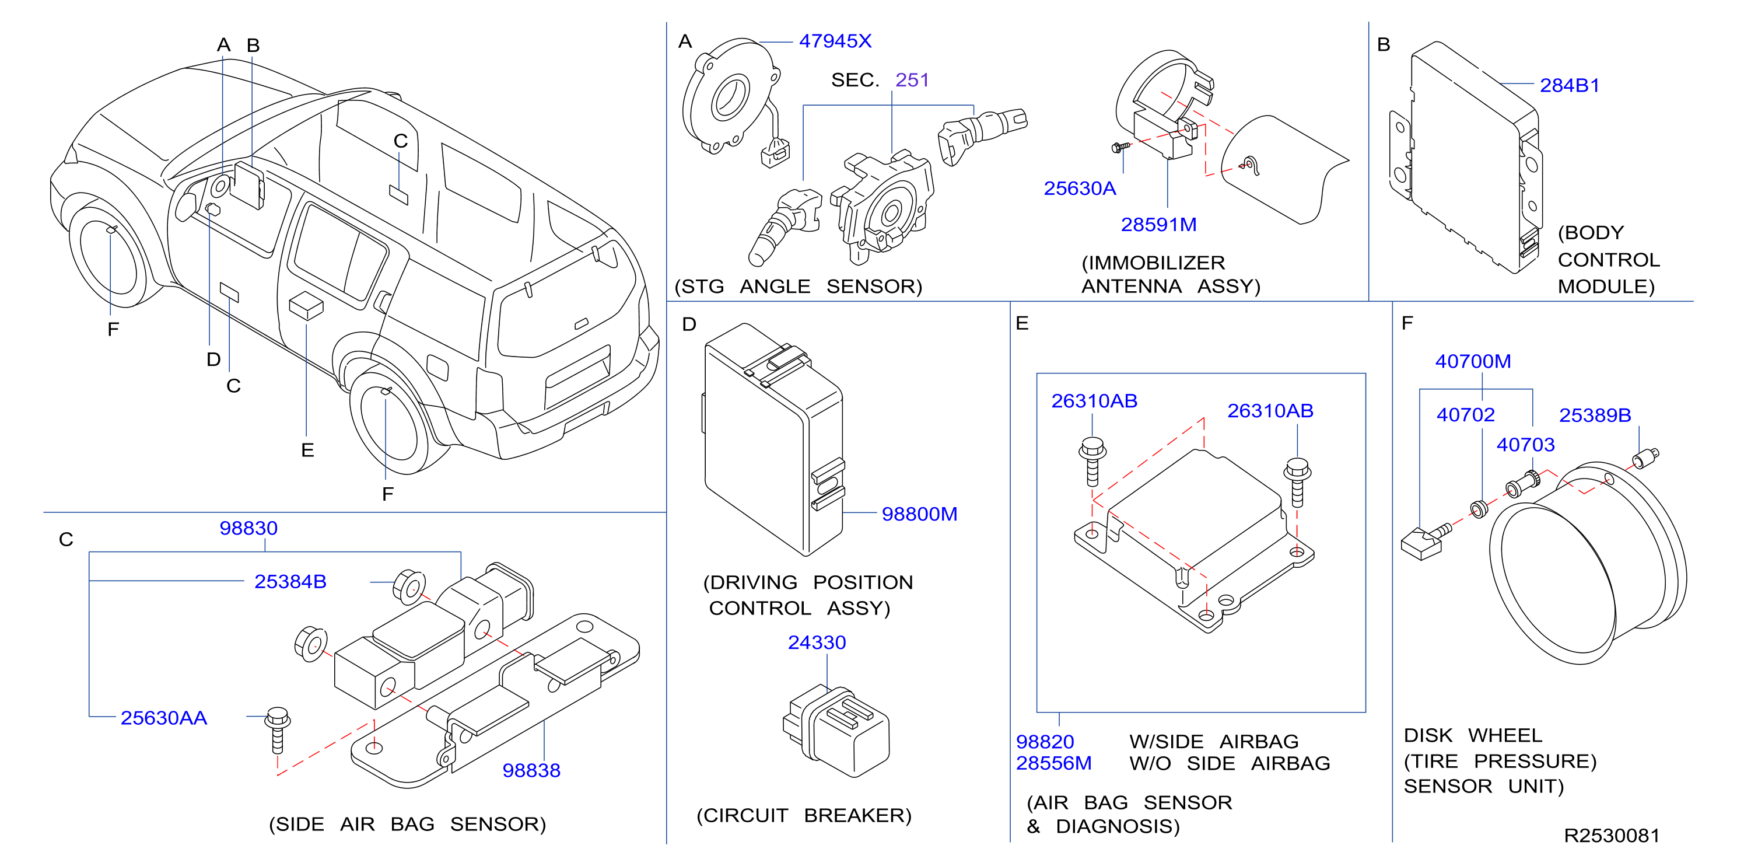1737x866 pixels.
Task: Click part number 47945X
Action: (835, 41)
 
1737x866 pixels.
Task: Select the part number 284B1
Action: (1569, 86)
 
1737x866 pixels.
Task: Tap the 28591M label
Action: (1158, 225)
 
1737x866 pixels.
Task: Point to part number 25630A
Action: (1080, 188)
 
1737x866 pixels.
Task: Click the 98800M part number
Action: (919, 514)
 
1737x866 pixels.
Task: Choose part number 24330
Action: (817, 642)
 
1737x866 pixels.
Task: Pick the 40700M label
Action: (1473, 361)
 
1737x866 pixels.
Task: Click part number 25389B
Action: (1595, 415)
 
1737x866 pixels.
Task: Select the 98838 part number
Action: (531, 770)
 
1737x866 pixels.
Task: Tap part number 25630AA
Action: (164, 718)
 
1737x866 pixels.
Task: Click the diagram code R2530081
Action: (1612, 836)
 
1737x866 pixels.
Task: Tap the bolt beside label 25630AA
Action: (277, 730)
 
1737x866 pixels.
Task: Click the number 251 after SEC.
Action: (912, 81)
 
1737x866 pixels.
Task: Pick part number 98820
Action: (1045, 742)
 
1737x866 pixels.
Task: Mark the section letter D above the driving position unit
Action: (688, 324)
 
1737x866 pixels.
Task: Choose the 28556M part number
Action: (1053, 763)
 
